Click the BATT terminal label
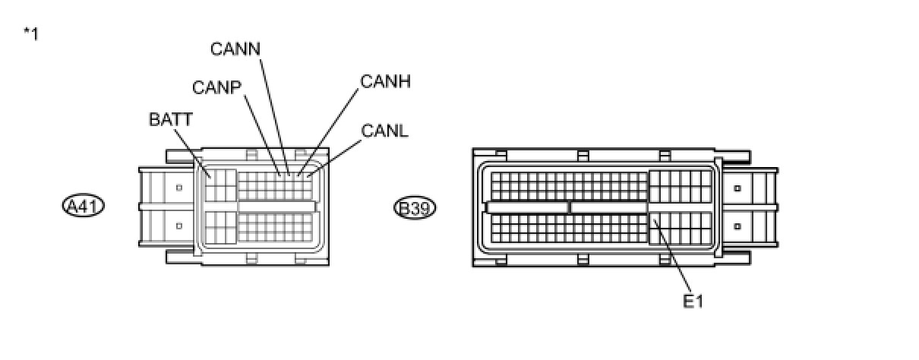171,119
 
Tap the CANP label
216,87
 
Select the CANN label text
235,49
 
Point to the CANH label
386,81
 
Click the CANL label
385,131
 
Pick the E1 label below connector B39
693,302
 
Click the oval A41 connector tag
83,206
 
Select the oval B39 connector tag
415,207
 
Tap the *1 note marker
31,33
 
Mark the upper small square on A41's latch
179,188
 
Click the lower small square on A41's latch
179,225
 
